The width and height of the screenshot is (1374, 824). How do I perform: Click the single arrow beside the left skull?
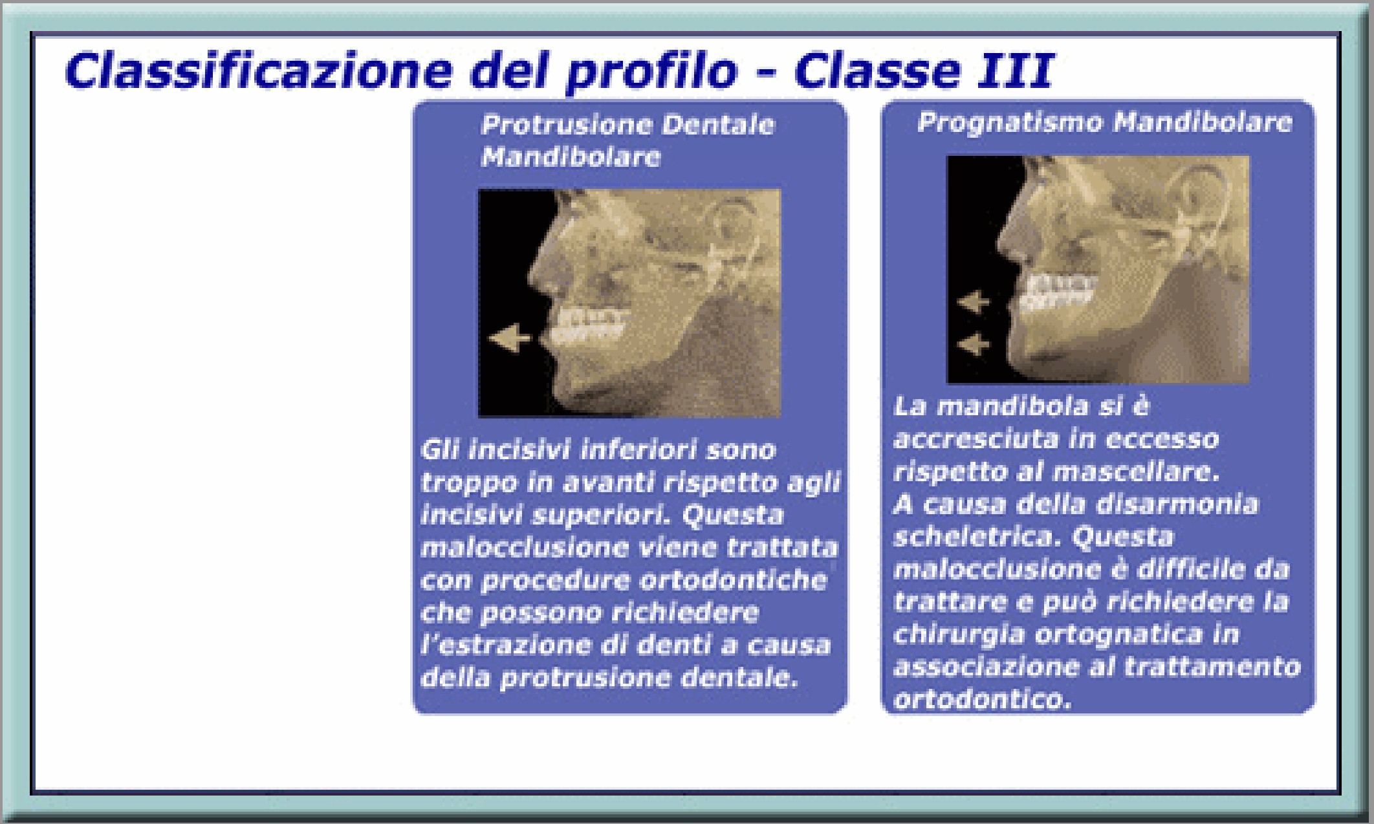pyautogui.click(x=509, y=338)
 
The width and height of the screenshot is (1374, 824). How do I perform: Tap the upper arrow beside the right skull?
pyautogui.click(x=974, y=302)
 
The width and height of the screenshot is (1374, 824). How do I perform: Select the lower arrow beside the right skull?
pyautogui.click(x=974, y=343)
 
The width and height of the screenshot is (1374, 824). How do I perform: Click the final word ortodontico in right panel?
pyautogui.click(x=982, y=699)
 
